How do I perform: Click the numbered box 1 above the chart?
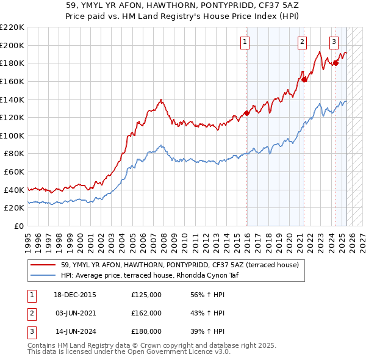[x=245, y=42]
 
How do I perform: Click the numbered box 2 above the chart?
[x=302, y=42]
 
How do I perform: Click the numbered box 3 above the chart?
[x=334, y=42]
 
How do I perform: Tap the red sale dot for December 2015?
[x=247, y=112]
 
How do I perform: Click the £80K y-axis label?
[x=14, y=154]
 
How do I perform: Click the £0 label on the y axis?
[x=18, y=226]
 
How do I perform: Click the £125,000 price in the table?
[x=146, y=295]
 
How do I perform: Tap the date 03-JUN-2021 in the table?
[x=76, y=313]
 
